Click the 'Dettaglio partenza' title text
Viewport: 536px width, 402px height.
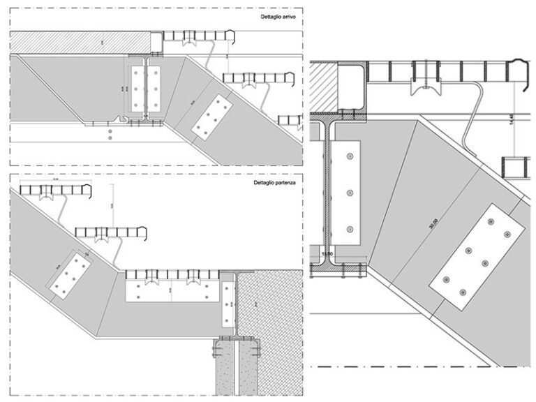click(274, 182)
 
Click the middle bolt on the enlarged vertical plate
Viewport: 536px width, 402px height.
click(347, 192)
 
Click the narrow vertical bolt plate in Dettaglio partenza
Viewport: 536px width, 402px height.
click(228, 304)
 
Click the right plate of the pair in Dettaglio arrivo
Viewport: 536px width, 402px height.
click(154, 89)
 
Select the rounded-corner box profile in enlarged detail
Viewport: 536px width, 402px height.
click(352, 85)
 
